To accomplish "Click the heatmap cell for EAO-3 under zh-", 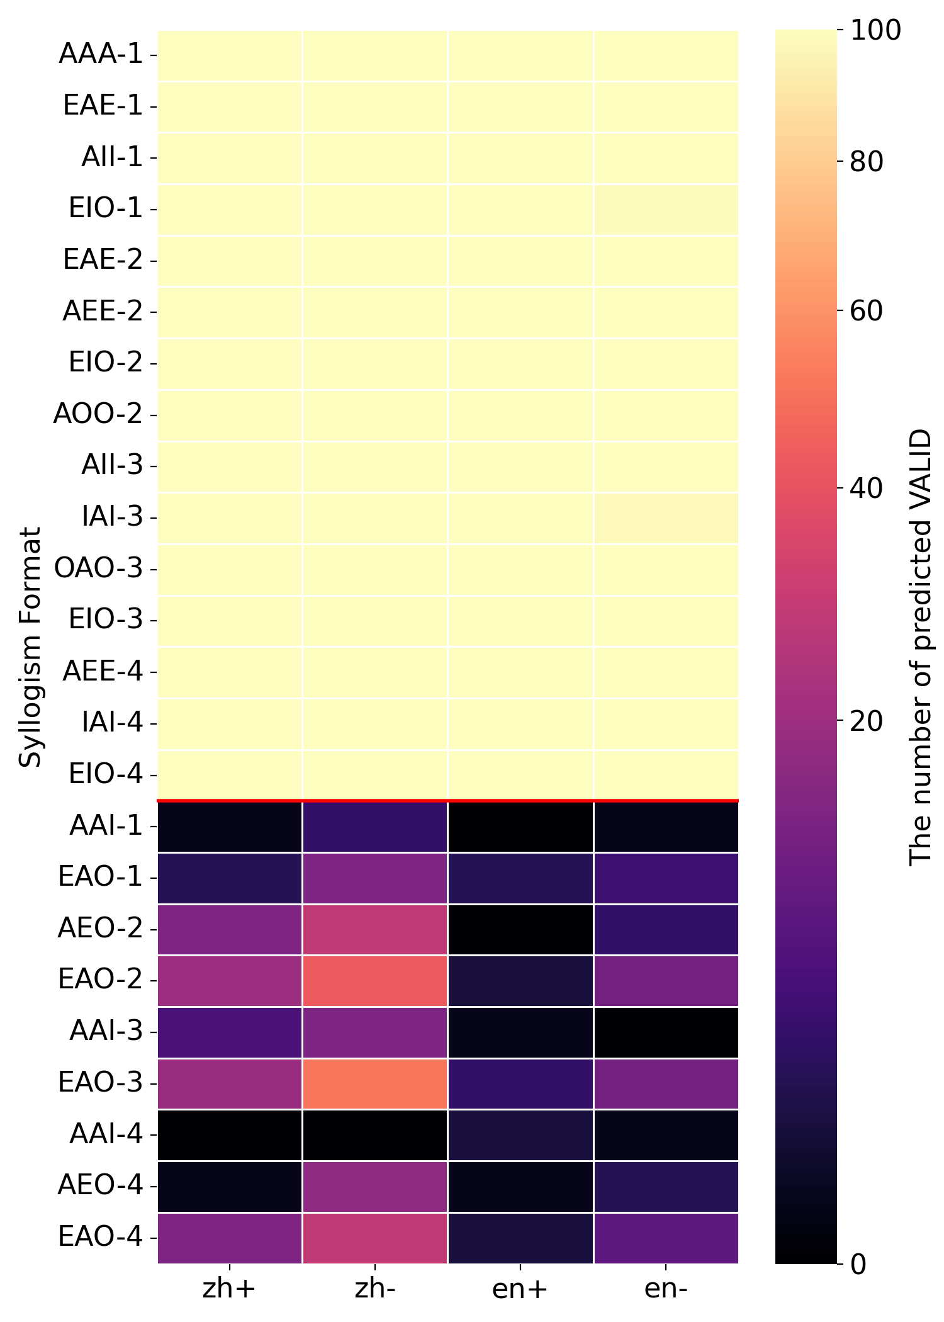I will pos(375,1083).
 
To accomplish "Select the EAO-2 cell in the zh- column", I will pos(375,980).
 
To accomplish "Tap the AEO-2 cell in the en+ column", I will pos(520,929).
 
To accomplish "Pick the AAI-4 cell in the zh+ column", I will pos(230,1135).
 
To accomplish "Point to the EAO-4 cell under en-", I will pos(666,1238).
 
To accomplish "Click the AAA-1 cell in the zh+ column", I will pos(230,55).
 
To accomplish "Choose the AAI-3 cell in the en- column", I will pos(666,1032).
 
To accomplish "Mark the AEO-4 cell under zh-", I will pos(375,1186).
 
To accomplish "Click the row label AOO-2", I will pos(99,414).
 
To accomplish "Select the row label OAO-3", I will pos(99,568).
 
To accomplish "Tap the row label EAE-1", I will pos(103,106).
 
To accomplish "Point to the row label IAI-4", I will pos(113,723).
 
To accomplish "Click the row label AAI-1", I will pos(106,825).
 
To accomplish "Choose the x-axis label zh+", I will pos(229,1289).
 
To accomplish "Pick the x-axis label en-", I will pos(666,1289).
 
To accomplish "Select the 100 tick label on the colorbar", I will pos(875,31).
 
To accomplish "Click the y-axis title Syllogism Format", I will pos(30,647).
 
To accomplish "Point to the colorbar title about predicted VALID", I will pos(920,647).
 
